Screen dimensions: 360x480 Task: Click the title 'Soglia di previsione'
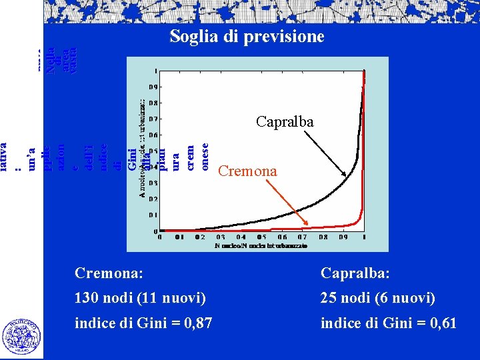tap(247, 36)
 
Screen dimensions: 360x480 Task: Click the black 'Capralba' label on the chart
tap(285, 123)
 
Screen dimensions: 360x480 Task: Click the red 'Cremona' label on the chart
tap(247, 171)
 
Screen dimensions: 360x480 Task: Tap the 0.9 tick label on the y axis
tap(153, 87)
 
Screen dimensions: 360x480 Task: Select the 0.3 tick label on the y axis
tap(153, 183)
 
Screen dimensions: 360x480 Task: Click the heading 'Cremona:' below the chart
tap(110, 273)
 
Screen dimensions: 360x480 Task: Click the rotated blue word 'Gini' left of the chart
tap(132, 160)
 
